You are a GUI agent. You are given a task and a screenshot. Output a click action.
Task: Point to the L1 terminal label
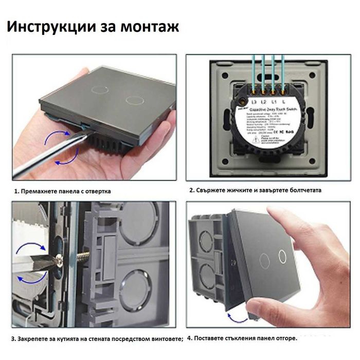[276, 102]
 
